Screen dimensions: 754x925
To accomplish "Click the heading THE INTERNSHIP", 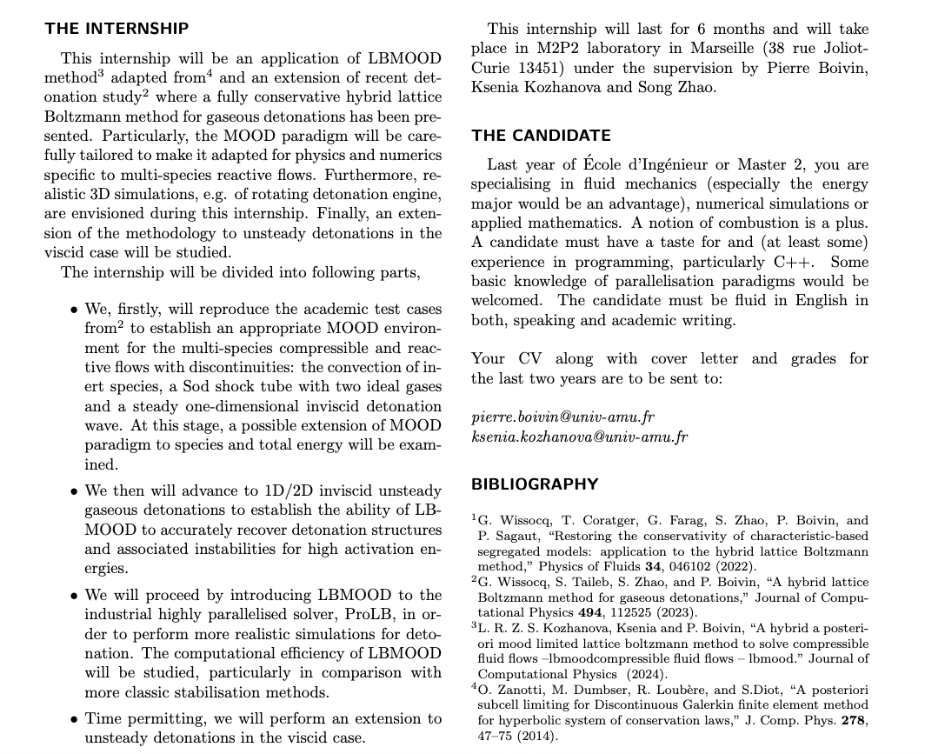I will coord(116,29).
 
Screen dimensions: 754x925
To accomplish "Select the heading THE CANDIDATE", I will coord(541,136).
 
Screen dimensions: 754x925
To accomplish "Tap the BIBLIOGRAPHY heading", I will coord(535,484).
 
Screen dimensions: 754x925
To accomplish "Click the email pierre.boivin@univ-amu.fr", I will coord(562,417).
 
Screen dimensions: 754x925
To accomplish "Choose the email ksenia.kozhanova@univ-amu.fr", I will coord(579,437).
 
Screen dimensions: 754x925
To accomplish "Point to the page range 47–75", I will coord(496,735).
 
